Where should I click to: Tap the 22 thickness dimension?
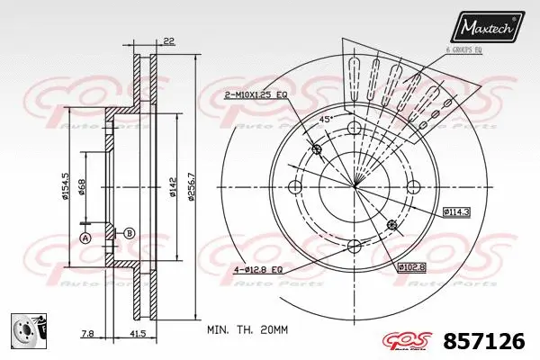169,40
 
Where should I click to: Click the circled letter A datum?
86,238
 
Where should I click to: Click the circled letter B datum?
130,233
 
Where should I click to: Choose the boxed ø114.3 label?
456,211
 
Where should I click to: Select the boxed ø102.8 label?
412,267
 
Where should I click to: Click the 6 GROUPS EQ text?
464,51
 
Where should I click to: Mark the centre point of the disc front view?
353,186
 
